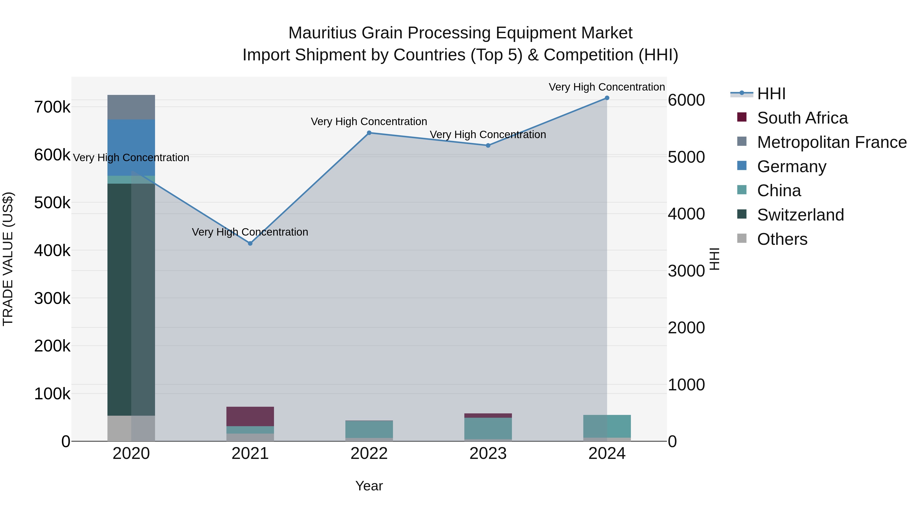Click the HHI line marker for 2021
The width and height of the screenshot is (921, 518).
click(250, 244)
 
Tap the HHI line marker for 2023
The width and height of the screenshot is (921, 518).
click(488, 146)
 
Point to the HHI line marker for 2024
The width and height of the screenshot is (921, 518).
click(607, 98)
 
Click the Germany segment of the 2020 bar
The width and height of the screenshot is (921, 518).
click(131, 147)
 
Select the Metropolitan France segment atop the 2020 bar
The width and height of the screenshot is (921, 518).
click(131, 107)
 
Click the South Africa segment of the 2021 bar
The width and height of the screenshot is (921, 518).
click(250, 416)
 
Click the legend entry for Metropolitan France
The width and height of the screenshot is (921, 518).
click(832, 142)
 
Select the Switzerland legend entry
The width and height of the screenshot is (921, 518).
click(800, 215)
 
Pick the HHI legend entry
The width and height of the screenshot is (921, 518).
click(771, 94)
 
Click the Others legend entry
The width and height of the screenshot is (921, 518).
click(782, 239)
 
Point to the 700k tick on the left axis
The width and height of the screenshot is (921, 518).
click(52, 107)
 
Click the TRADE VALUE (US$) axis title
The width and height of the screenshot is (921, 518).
click(8, 259)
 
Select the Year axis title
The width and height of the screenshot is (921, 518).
click(369, 486)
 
